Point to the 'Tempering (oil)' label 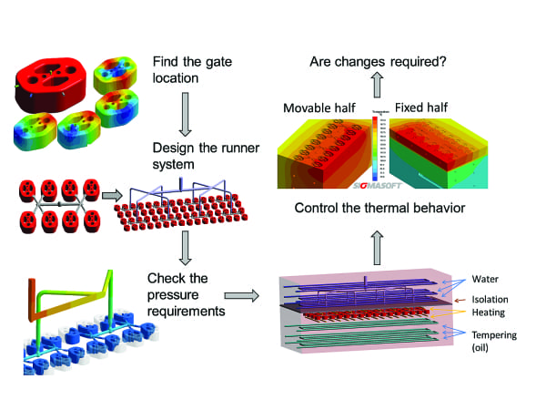495,342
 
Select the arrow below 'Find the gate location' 184,113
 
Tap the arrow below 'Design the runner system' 184,243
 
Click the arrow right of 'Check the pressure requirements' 239,295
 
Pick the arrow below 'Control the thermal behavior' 376,238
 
